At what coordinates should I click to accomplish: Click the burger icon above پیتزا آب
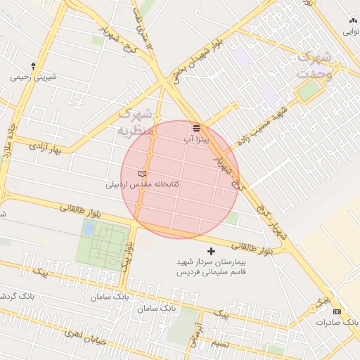pyautogui.click(x=197, y=127)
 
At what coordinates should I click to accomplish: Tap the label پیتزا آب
pyautogui.click(x=196, y=139)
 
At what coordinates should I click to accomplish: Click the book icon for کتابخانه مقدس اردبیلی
pyautogui.click(x=143, y=174)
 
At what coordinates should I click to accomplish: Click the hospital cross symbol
pyautogui.click(x=211, y=251)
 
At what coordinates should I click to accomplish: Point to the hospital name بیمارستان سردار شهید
pyautogui.click(x=212, y=262)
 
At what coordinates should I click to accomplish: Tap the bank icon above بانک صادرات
pyautogui.click(x=337, y=311)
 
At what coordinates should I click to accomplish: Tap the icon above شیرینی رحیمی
pyautogui.click(x=33, y=65)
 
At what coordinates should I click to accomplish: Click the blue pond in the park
pyautogui.click(x=89, y=229)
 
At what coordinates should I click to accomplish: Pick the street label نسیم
pyautogui.click(x=220, y=344)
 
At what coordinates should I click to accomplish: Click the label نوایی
pyautogui.click(x=351, y=31)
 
